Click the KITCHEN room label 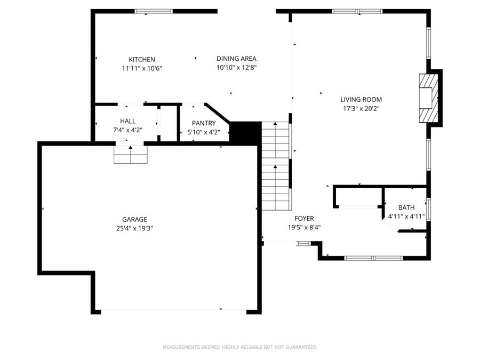[x=142, y=59]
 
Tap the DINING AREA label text [x=236, y=59]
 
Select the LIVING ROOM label [x=361, y=99]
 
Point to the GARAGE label [x=134, y=219]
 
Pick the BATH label [x=406, y=207]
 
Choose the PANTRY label [x=204, y=123]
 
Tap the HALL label [x=127, y=121]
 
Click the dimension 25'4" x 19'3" [x=134, y=228]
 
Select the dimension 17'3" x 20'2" [x=361, y=108]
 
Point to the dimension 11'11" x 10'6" [x=142, y=68]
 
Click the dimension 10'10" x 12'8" [x=236, y=68]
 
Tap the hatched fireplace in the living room [x=428, y=99]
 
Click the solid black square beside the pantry [x=245, y=132]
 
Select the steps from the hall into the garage [x=130, y=154]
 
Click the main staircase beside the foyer [x=276, y=165]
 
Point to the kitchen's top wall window [x=154, y=11]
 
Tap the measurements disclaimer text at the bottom [x=240, y=347]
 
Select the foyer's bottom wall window [x=373, y=258]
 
